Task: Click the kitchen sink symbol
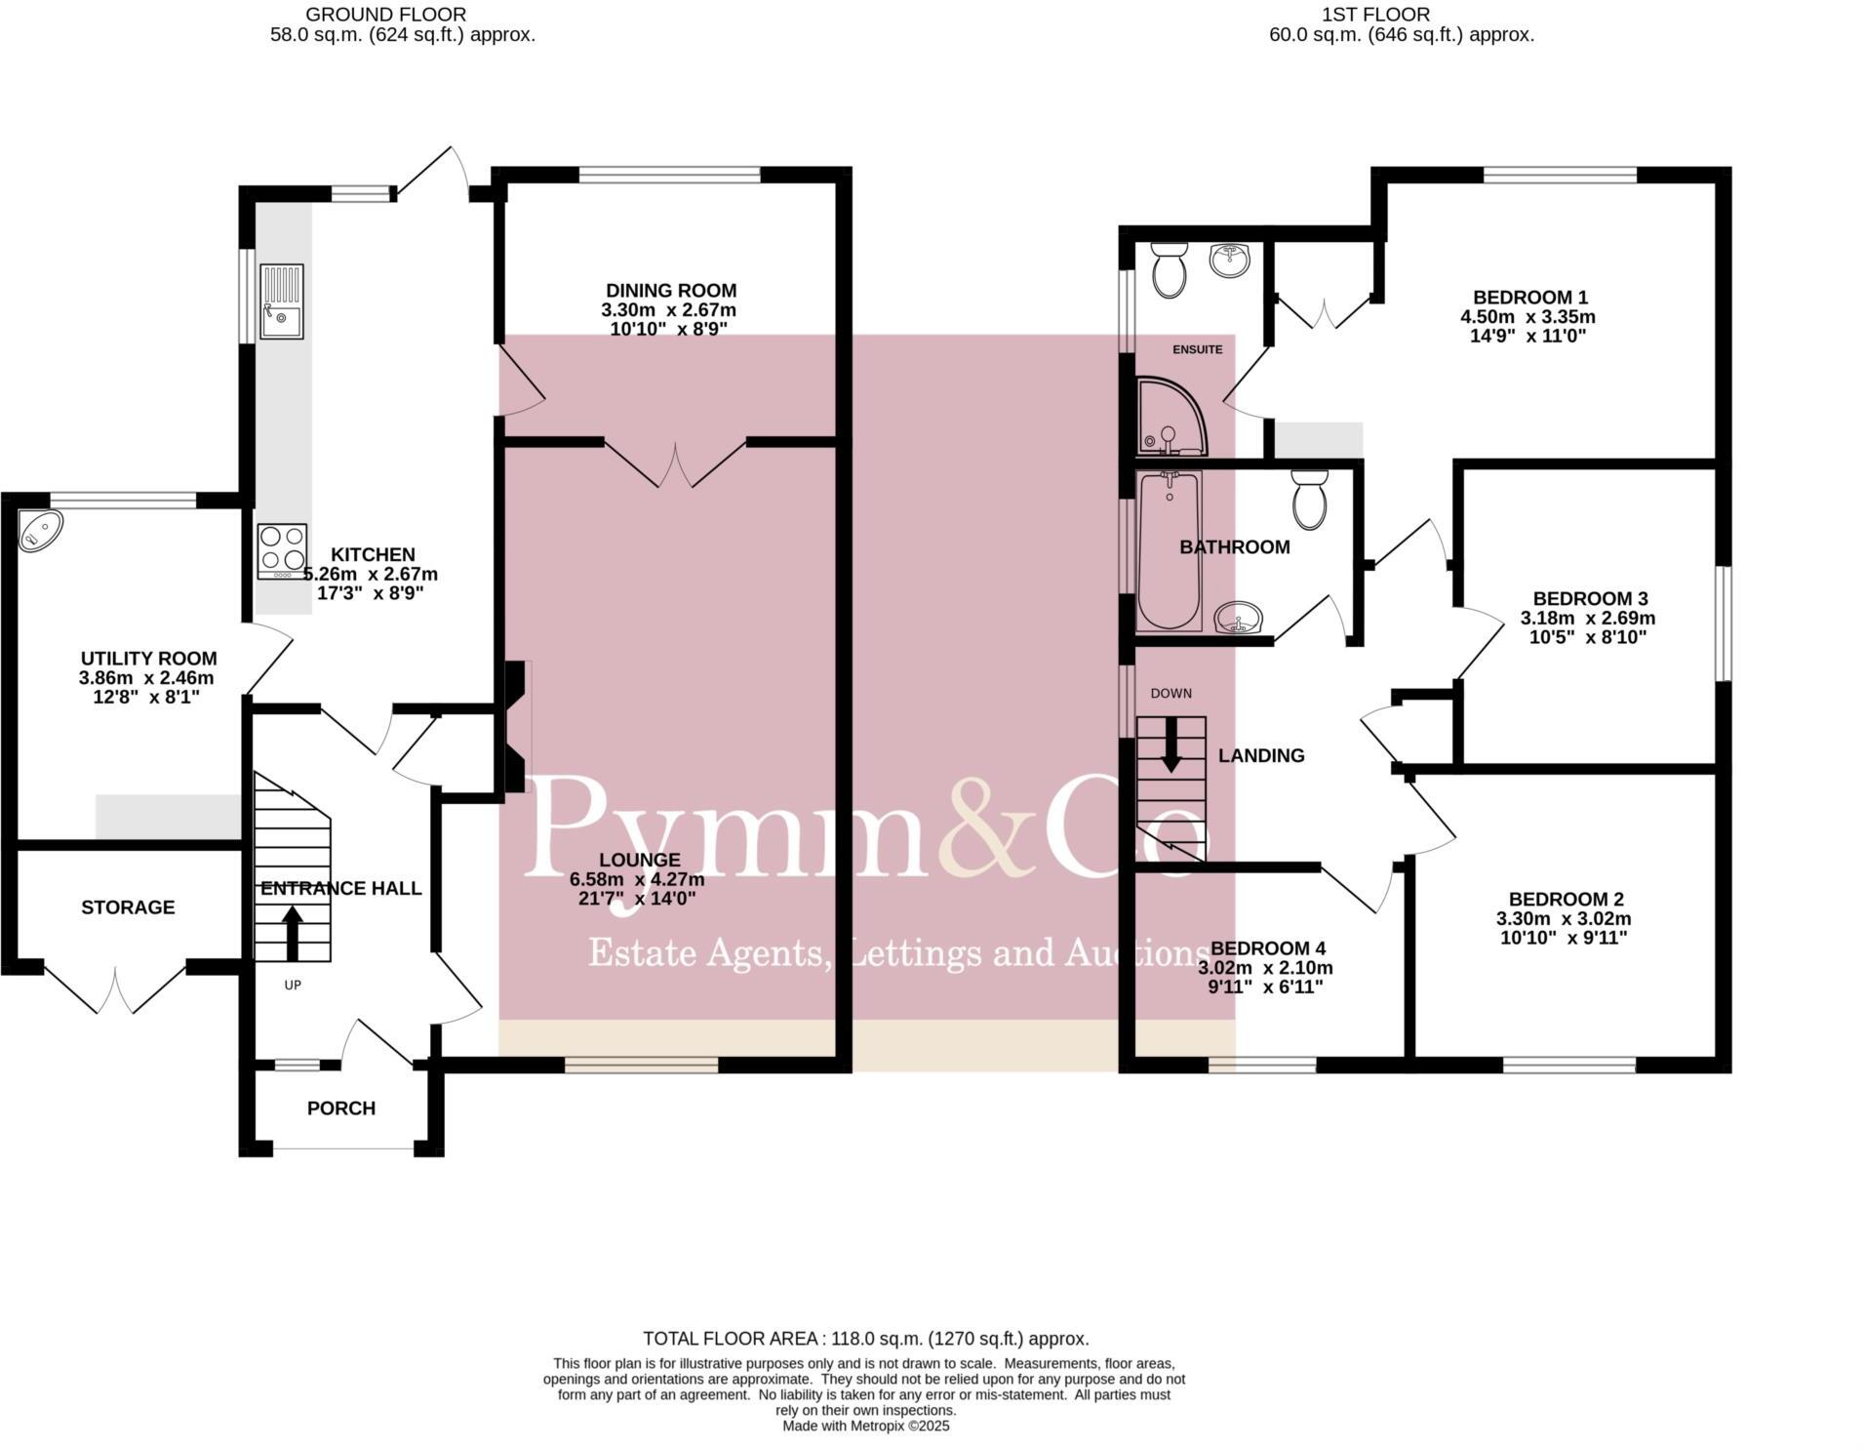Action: [282, 302]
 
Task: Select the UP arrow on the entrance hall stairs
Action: [292, 933]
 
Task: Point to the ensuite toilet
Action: [1168, 270]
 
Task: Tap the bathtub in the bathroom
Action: [1170, 550]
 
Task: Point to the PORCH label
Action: [341, 1108]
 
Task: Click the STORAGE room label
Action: [128, 907]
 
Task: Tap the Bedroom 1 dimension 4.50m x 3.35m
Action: [1528, 317]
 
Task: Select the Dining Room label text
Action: [671, 291]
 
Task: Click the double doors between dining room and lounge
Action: [675, 463]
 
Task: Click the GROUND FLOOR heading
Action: [385, 15]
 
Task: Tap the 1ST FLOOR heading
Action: [1375, 15]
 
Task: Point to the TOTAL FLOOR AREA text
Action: [865, 1339]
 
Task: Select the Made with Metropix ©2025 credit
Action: [865, 1426]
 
